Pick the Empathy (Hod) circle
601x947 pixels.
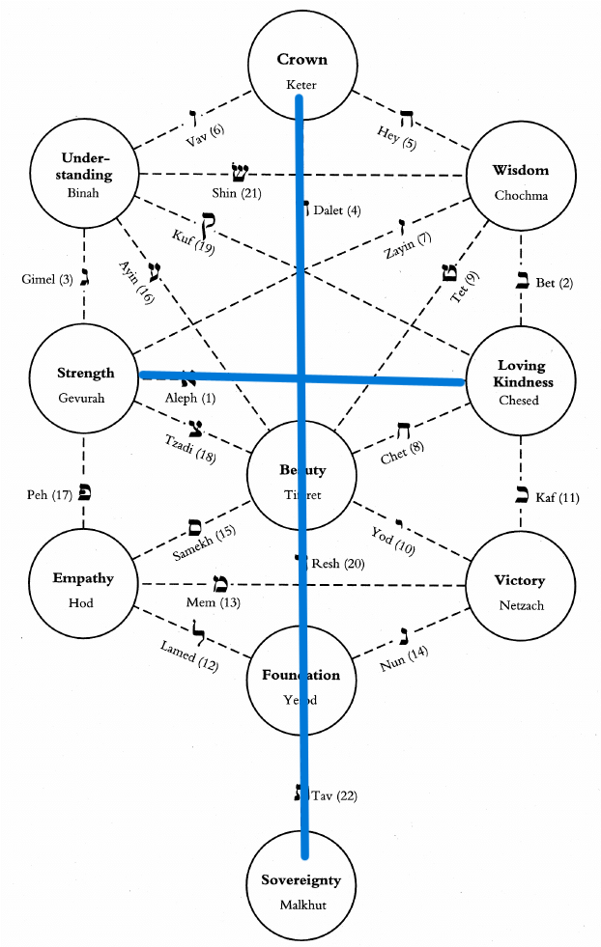click(x=83, y=588)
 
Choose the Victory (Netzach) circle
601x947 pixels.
click(x=520, y=589)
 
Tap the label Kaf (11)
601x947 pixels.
click(x=561, y=498)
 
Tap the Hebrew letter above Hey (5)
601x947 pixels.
click(x=407, y=120)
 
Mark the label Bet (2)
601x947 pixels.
click(x=553, y=283)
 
